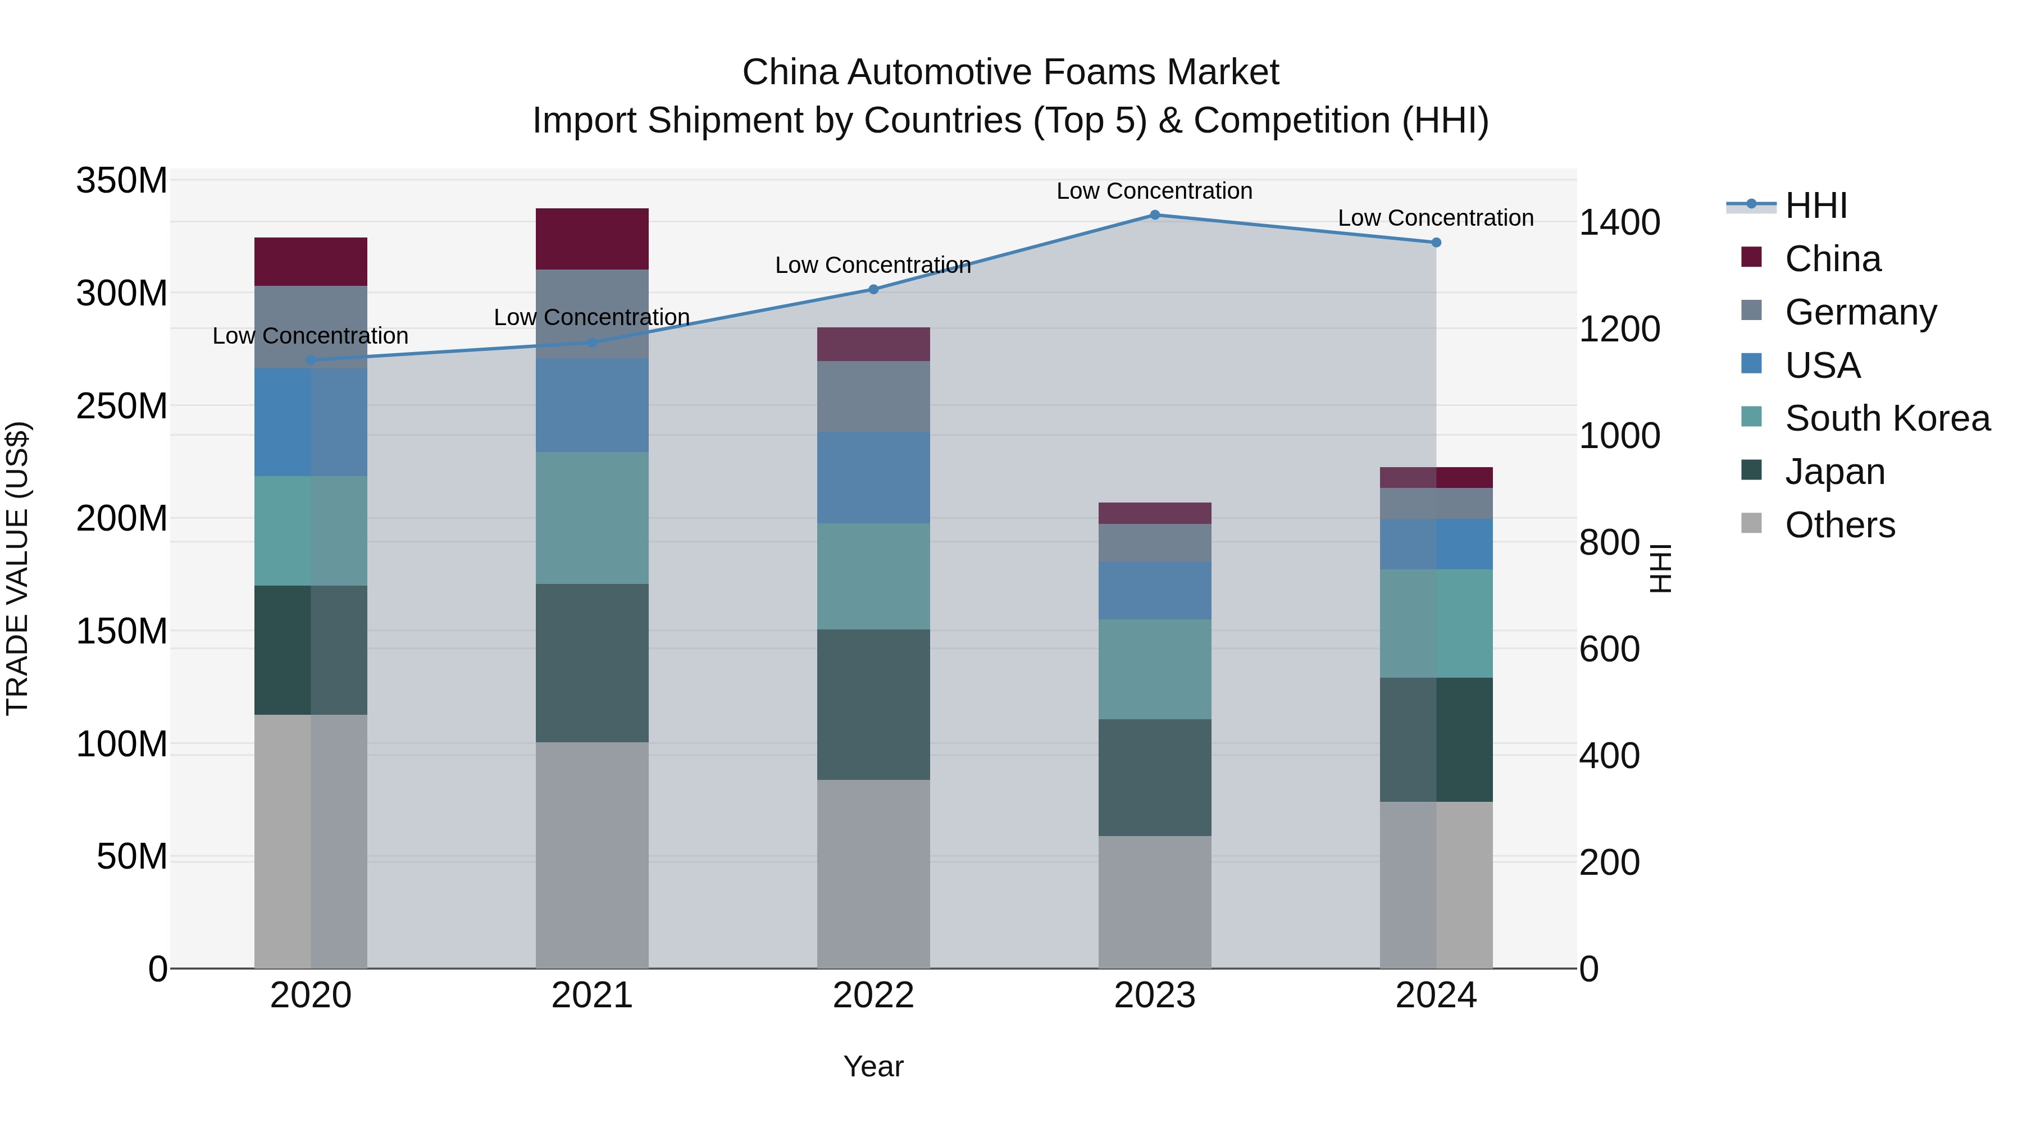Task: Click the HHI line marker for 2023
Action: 1155,215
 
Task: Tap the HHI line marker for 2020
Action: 311,360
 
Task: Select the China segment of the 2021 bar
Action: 592,239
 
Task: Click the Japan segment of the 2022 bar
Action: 873,704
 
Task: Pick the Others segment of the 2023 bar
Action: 1155,902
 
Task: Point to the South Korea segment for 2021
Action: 592,517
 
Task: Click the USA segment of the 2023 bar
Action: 1155,590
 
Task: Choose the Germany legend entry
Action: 1860,312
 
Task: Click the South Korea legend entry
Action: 1887,418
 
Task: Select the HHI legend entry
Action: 1815,206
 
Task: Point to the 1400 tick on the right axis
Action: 1619,223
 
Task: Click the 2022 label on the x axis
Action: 873,996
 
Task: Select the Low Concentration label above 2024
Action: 1435,218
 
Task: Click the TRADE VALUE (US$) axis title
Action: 17,568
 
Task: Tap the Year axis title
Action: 873,1066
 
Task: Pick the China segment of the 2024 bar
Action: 1436,477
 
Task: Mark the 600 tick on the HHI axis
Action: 1609,650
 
